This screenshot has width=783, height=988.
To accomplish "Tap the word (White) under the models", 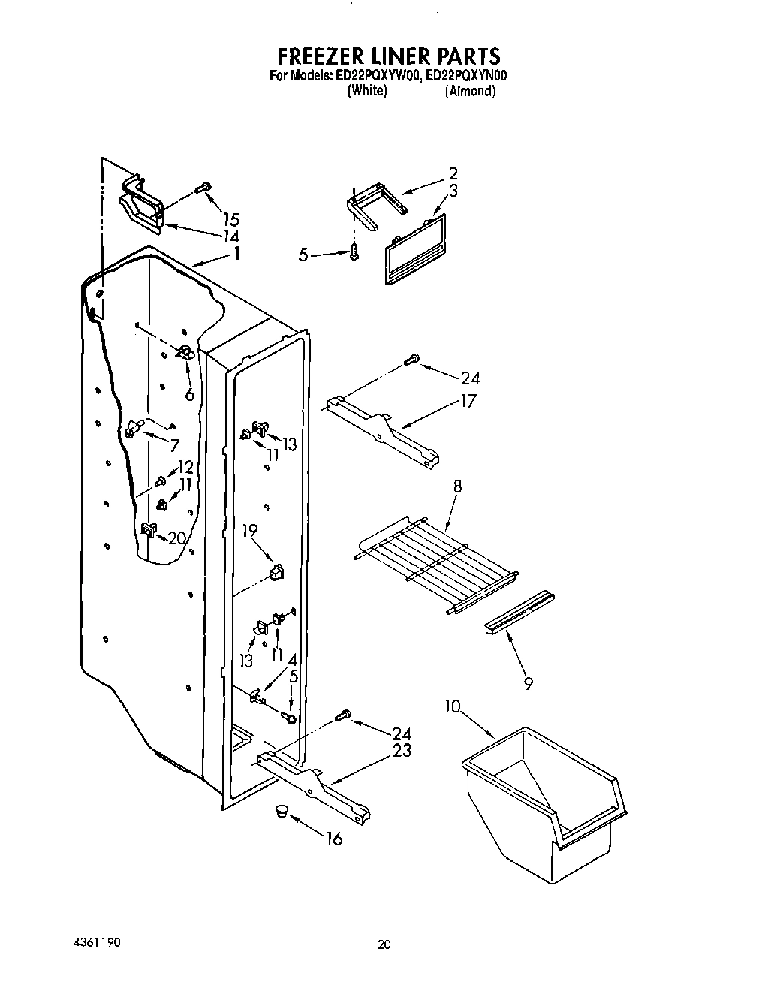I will (367, 91).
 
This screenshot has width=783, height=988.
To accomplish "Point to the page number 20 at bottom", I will (384, 946).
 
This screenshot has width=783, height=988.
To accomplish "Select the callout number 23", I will (402, 750).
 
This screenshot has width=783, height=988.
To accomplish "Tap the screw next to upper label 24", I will (411, 361).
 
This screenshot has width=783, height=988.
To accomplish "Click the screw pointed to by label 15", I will (203, 187).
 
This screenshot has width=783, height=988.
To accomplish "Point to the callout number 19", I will (250, 531).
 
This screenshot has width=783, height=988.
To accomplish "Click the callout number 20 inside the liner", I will (176, 538).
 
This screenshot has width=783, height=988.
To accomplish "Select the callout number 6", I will (190, 393).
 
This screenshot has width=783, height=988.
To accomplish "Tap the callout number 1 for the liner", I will (236, 254).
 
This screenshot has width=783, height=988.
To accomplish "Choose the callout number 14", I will (231, 235).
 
